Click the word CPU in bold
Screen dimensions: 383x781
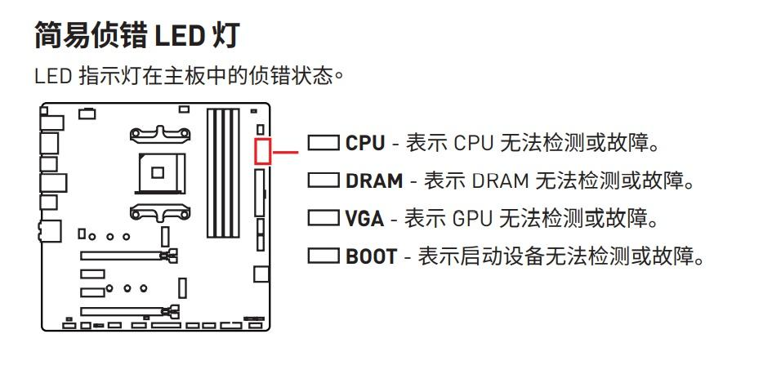click(x=364, y=144)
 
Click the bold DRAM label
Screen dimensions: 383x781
click(x=374, y=181)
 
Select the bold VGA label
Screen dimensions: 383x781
click(x=364, y=219)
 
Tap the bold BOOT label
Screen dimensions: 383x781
click(x=372, y=256)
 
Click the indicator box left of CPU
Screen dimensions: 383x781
click(x=324, y=144)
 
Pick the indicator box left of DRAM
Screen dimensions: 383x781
click(x=324, y=180)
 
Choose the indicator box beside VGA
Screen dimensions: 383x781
click(x=324, y=218)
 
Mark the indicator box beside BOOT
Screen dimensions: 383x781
click(x=324, y=256)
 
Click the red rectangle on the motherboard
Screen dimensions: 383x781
click(x=262, y=151)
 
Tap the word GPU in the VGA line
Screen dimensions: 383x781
click(x=471, y=219)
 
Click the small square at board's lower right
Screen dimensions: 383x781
click(x=261, y=273)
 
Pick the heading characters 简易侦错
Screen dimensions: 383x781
click(x=90, y=37)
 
